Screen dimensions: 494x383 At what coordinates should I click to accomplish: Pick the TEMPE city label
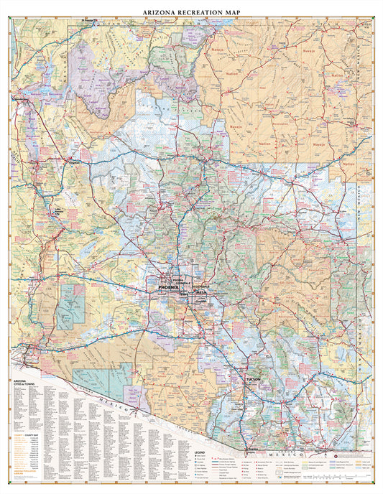185,294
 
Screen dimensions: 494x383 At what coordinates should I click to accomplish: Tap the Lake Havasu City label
27,213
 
